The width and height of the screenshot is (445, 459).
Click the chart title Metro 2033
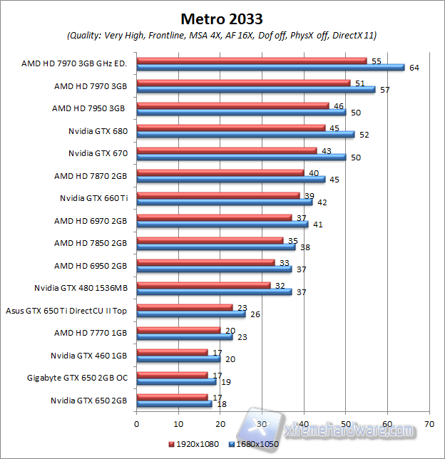point(222,16)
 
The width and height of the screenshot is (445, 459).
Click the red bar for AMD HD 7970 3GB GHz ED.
point(251,61)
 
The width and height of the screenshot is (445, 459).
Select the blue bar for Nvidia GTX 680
point(245,135)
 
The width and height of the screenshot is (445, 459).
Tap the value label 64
point(414,68)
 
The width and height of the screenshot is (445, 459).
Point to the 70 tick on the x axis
point(429,423)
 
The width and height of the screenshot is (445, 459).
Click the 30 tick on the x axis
point(262,423)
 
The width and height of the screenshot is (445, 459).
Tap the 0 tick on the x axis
point(136,423)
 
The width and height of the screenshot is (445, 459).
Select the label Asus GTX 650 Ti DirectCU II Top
point(66,310)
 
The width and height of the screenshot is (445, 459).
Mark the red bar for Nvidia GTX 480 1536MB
point(203,284)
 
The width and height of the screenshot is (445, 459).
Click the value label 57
point(384,90)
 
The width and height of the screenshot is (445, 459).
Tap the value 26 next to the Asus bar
point(255,314)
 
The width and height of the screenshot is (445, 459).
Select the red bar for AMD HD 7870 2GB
point(220,172)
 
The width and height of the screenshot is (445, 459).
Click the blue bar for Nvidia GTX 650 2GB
point(174,403)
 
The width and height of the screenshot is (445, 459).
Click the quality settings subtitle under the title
point(222,35)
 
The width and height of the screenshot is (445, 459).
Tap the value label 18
point(221,403)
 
